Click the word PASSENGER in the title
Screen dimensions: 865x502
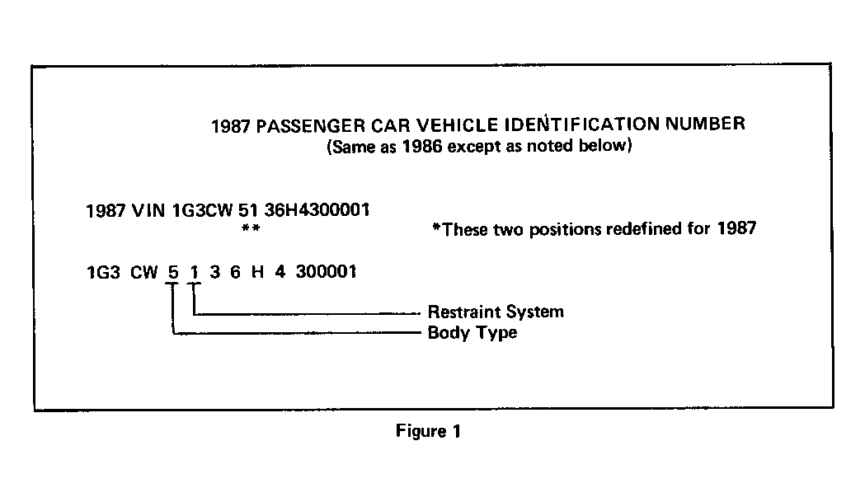point(311,126)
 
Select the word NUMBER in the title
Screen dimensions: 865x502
point(705,124)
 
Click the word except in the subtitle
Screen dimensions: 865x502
point(474,147)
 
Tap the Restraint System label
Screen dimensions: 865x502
point(496,312)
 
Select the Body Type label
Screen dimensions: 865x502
point(472,333)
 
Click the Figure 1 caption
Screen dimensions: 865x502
point(428,431)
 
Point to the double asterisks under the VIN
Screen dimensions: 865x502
point(251,228)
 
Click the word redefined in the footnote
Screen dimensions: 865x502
point(642,229)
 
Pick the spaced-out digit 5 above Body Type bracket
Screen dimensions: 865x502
point(173,272)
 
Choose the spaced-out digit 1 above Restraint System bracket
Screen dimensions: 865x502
point(194,272)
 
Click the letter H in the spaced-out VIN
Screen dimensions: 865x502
point(257,271)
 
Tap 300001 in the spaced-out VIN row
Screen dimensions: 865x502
point(326,271)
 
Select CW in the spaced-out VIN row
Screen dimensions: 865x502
point(144,273)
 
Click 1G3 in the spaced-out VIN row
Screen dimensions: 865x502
point(103,273)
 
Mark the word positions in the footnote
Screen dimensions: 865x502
point(565,229)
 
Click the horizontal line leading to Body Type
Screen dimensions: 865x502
point(297,333)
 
